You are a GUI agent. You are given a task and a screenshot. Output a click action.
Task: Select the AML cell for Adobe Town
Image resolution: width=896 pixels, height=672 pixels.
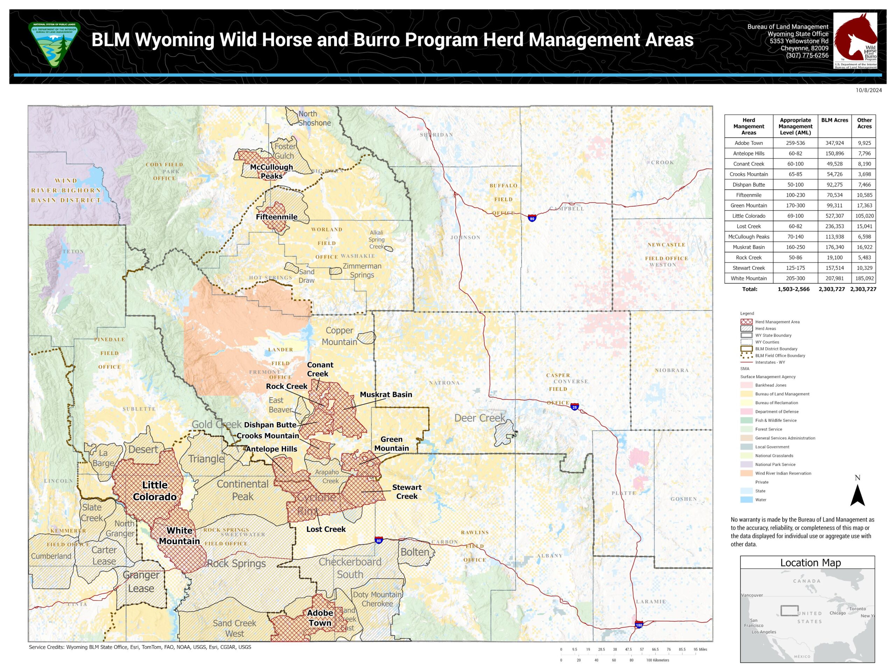[795, 143]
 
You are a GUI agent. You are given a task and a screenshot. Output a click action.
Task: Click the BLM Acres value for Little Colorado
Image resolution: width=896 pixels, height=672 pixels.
[834, 216]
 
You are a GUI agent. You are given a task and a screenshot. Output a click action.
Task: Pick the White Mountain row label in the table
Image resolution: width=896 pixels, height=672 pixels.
[748, 278]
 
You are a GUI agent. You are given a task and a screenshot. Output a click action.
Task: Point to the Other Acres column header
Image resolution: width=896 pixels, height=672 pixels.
[864, 123]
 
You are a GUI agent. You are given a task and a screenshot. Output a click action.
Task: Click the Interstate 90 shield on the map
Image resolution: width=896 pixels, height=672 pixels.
[532, 218]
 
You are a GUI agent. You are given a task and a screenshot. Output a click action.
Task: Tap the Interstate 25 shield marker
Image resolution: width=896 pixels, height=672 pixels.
[574, 407]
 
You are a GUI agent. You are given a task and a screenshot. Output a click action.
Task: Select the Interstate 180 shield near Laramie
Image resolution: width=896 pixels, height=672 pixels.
[639, 625]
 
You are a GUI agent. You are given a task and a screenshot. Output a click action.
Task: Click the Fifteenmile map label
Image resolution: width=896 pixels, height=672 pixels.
[276, 217]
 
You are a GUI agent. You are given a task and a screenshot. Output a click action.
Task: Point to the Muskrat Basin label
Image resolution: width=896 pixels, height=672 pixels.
[386, 394]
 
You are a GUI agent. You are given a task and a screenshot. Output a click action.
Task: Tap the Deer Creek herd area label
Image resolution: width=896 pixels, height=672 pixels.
[479, 418]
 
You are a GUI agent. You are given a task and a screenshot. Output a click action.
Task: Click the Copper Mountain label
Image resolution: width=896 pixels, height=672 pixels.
[339, 336]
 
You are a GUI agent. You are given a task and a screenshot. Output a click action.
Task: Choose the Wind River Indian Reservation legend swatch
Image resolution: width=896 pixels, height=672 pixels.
[746, 473]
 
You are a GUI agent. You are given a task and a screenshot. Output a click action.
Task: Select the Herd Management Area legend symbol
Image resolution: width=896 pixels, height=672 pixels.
[746, 322]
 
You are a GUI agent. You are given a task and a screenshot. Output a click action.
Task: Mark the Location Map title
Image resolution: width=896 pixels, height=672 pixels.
[810, 563]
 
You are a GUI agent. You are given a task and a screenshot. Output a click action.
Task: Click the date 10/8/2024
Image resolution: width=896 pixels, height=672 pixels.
[868, 90]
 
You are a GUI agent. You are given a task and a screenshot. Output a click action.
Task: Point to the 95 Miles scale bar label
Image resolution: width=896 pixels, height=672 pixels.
[700, 649]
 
